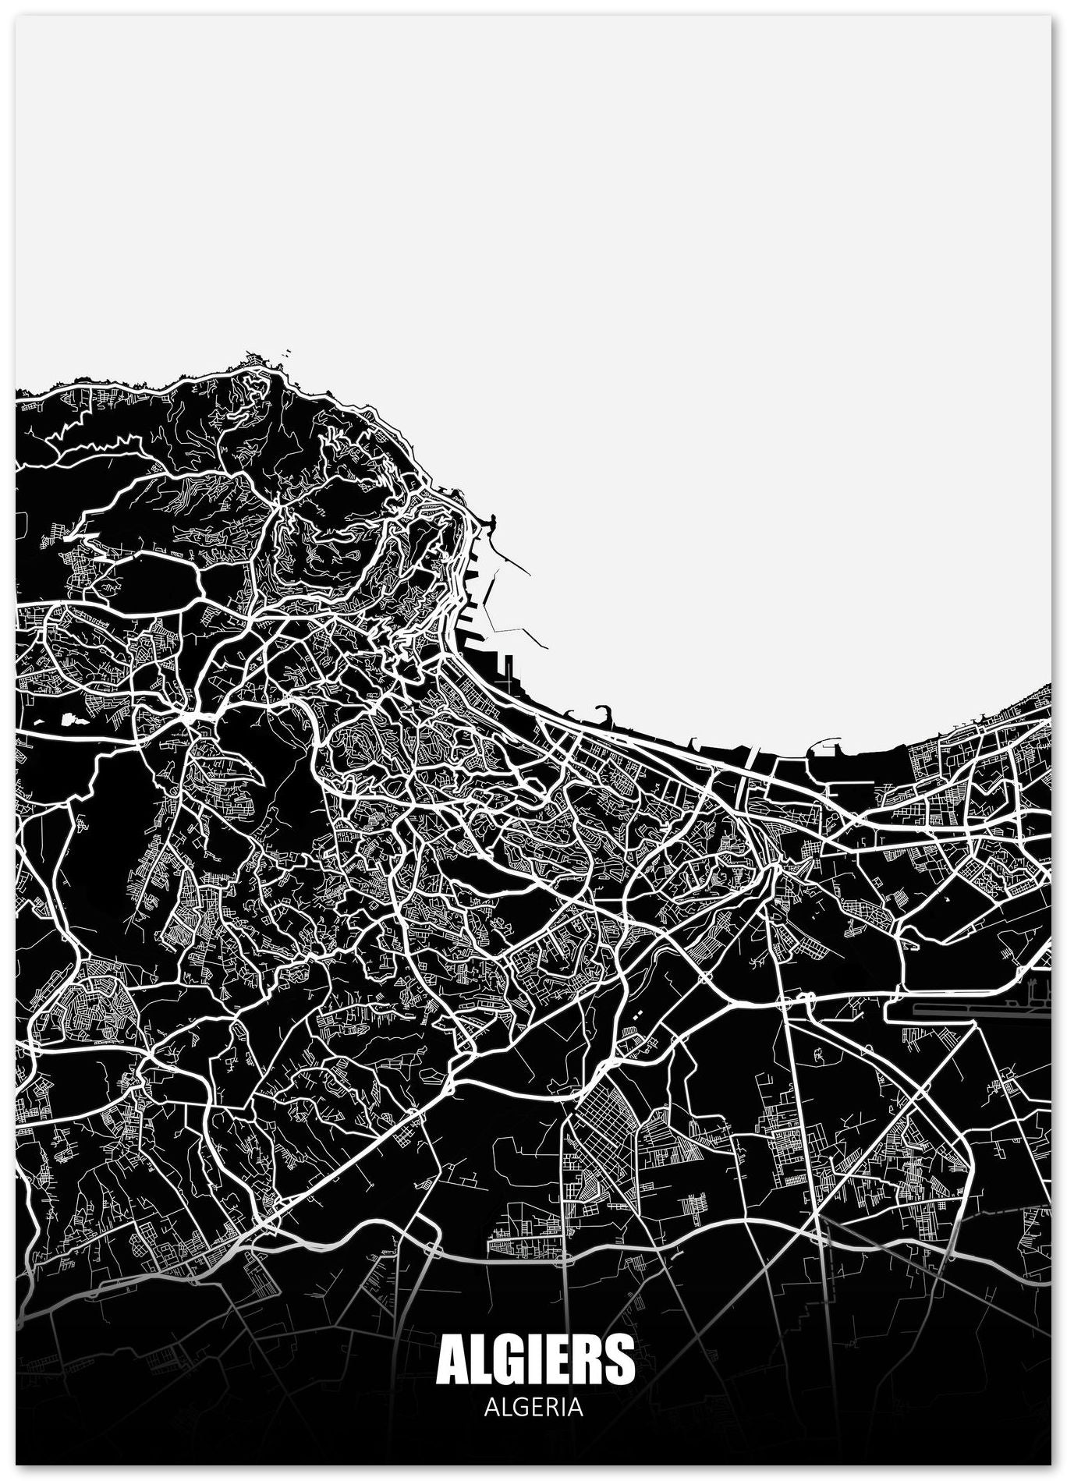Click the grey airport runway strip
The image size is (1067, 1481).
click(967, 1012)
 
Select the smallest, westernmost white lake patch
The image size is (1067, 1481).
click(40, 721)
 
